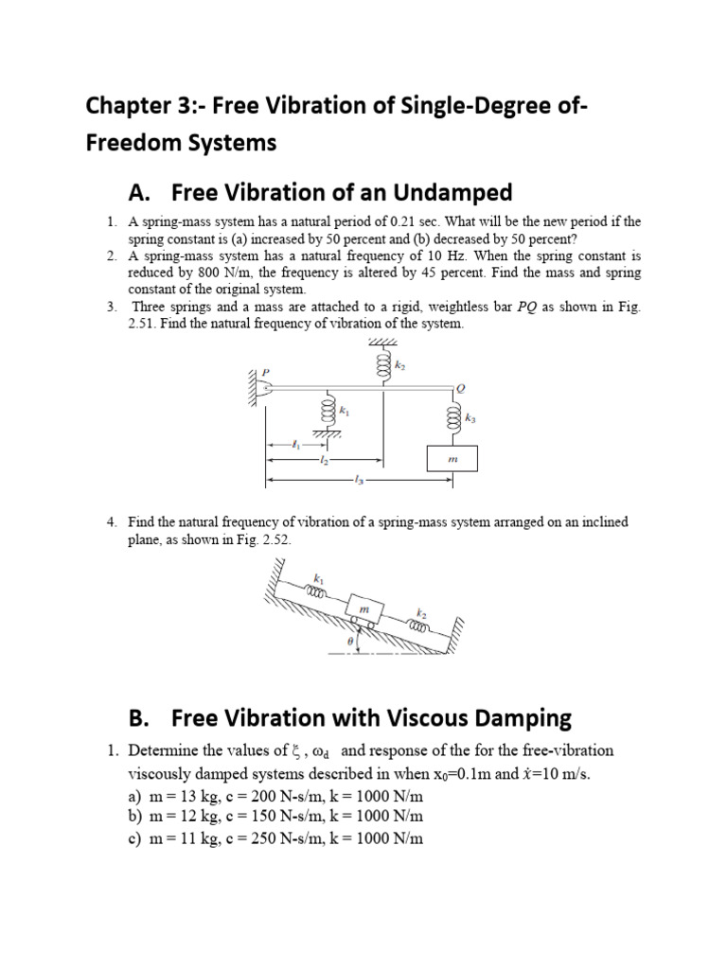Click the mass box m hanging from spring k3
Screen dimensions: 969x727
452,459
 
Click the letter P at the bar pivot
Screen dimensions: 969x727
265,372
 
